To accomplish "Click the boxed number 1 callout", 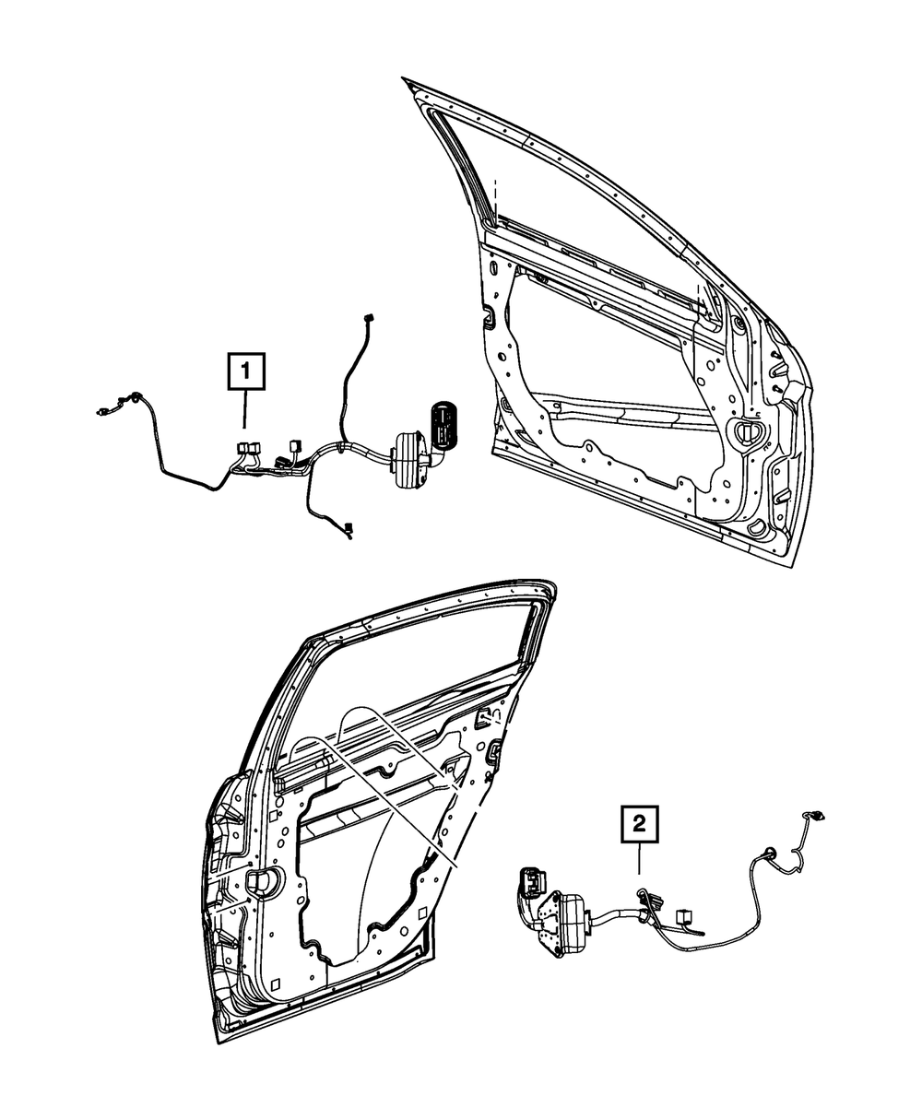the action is coord(243,373).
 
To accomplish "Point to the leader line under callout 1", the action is coord(243,411).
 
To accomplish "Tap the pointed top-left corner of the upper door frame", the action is coord(407,80).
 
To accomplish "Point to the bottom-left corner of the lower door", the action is coord(219,1041).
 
